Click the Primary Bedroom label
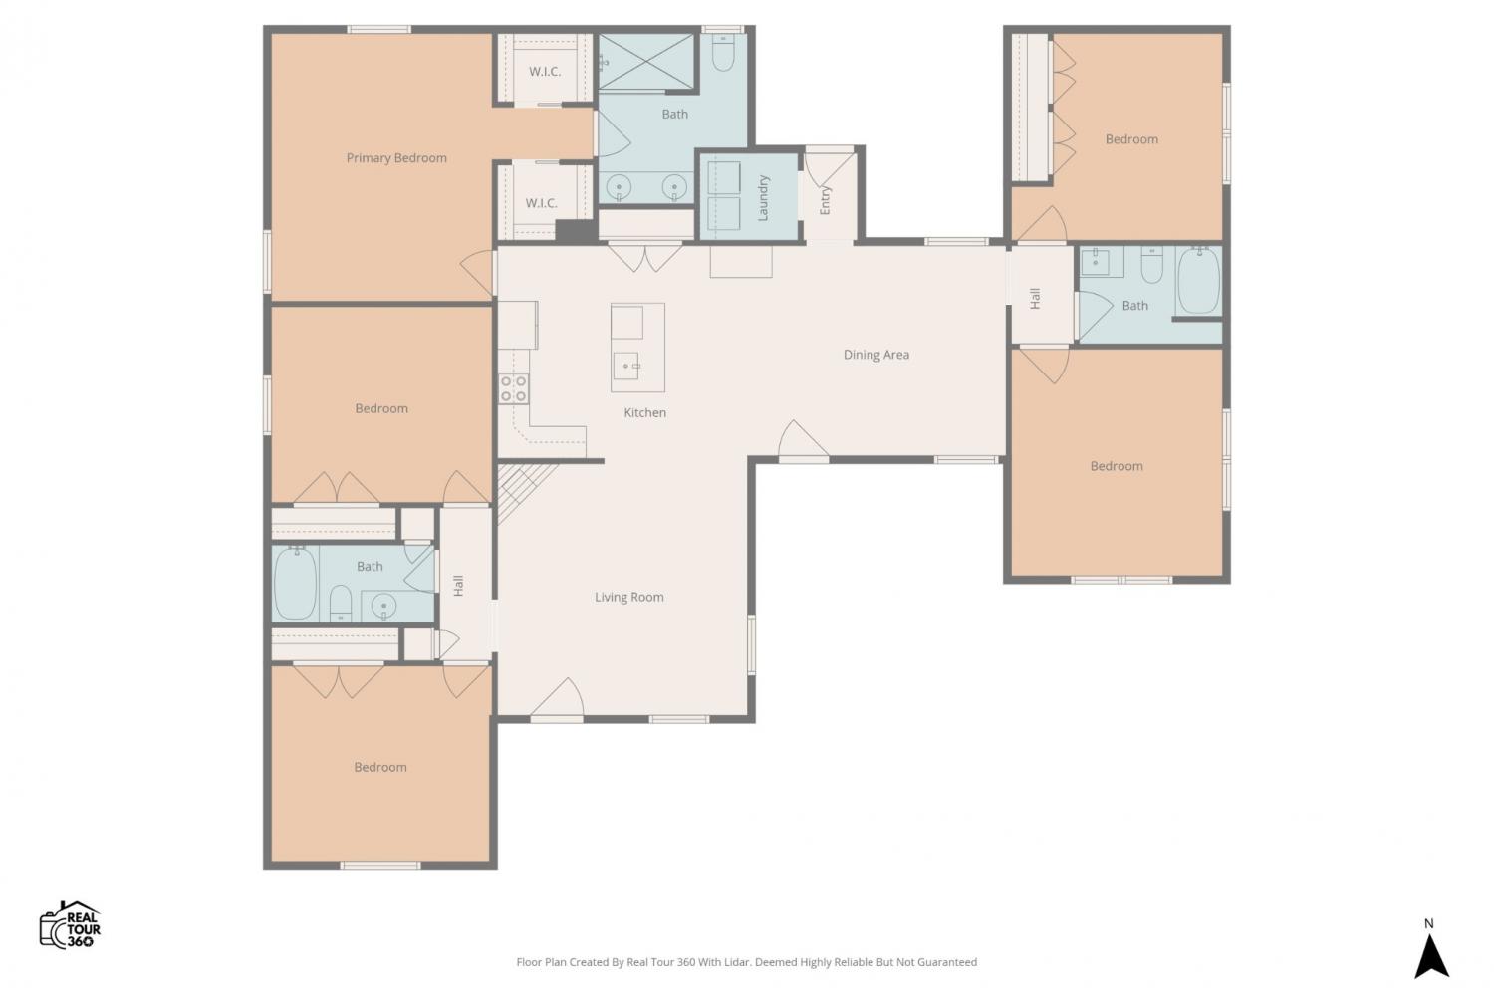pos(396,158)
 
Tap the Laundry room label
pos(764,198)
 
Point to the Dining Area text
pos(876,355)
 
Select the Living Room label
pos(628,597)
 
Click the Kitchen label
pos(645,413)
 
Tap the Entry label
pos(825,200)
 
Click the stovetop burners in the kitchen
pos(514,388)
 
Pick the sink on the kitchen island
pos(625,366)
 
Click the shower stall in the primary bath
pos(646,62)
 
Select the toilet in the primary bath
pos(723,52)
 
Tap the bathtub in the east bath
pos(1198,281)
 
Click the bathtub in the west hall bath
pos(295,584)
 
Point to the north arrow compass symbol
pos(1431,956)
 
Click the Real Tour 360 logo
pos(70,925)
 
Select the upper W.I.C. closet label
pos(545,72)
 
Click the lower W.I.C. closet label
pos(541,203)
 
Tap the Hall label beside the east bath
pos(1035,298)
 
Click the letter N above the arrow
pos(1428,924)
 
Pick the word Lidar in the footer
pos(737,962)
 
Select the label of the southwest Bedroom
pos(380,767)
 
